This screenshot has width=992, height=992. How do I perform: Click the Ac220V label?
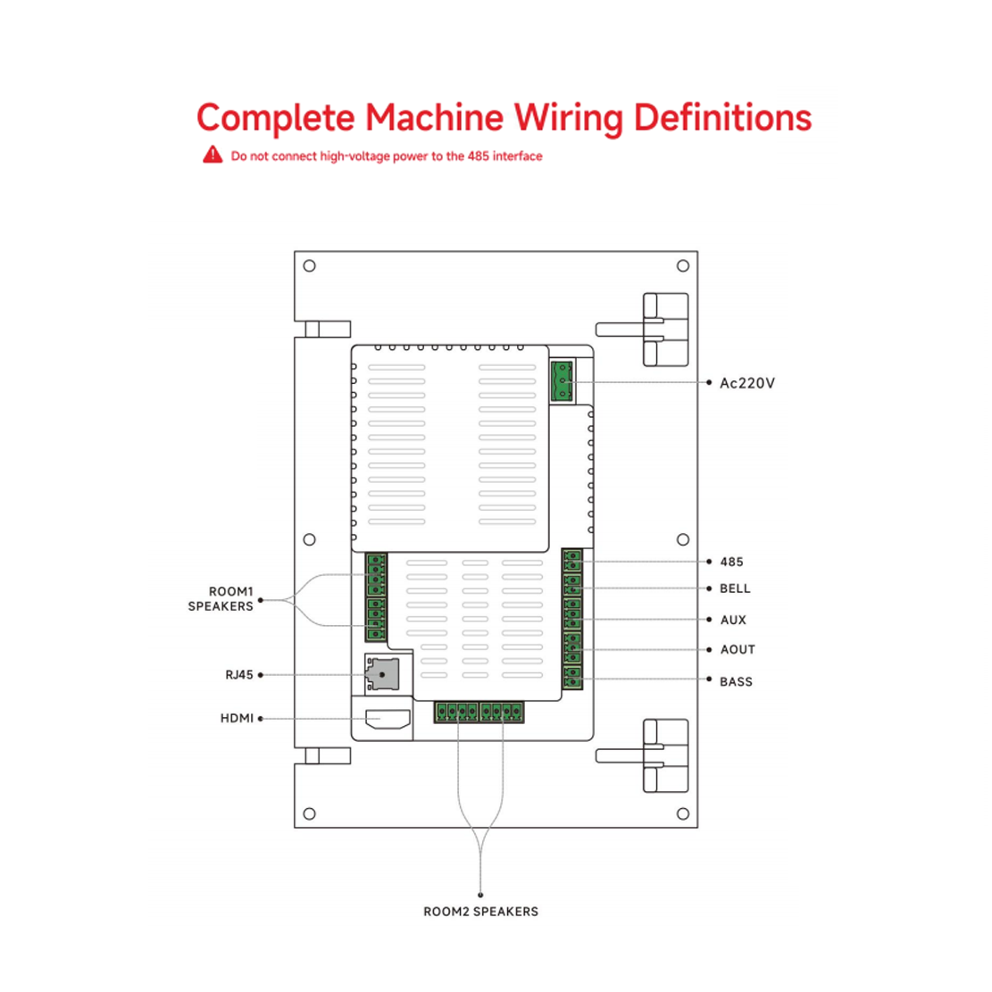[x=747, y=383]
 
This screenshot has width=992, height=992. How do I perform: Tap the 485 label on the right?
[x=731, y=562]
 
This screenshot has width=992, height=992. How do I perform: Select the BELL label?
[x=735, y=589]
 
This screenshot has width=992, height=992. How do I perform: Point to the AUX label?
[x=733, y=620]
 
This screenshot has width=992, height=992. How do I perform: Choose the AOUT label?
[x=738, y=650]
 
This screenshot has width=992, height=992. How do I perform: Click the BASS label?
[x=737, y=682]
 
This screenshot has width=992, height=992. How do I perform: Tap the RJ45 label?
[x=239, y=675]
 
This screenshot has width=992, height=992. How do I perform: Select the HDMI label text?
[x=237, y=719]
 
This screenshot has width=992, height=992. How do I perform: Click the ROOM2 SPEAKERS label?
[x=480, y=912]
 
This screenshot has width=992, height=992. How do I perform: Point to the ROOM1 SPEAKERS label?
[x=221, y=599]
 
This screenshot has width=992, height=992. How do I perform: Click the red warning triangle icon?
[x=213, y=154]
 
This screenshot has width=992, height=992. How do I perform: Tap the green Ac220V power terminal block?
[x=562, y=381]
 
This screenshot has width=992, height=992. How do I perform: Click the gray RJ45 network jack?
[x=382, y=674]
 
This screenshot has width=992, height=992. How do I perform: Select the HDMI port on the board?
[x=388, y=720]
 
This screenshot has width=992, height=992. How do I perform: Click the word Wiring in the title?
[x=568, y=118]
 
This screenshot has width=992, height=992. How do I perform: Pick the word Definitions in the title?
[x=722, y=118]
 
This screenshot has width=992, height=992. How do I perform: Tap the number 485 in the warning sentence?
[x=478, y=156]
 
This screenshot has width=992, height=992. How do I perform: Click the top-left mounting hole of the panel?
[x=309, y=266]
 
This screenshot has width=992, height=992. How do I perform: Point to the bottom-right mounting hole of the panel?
[x=683, y=814]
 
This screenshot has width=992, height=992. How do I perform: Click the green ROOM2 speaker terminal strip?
[x=479, y=712]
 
